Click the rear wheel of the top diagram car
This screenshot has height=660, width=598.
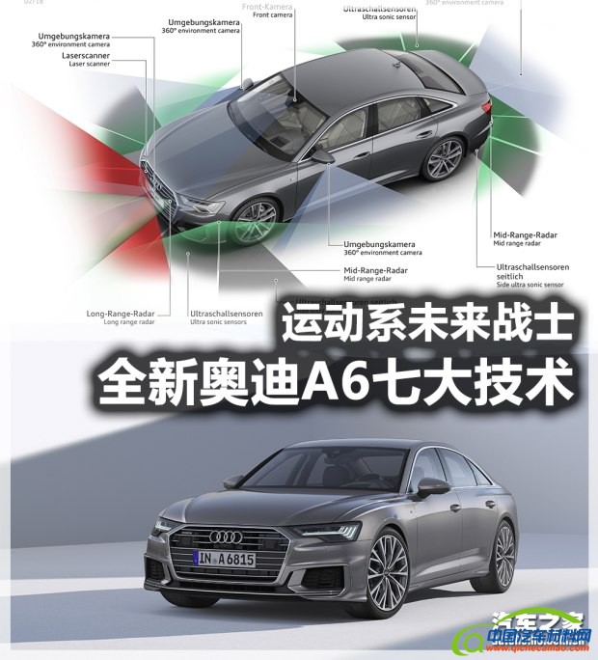pos(444,158)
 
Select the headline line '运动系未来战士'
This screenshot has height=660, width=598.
pos(427,325)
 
